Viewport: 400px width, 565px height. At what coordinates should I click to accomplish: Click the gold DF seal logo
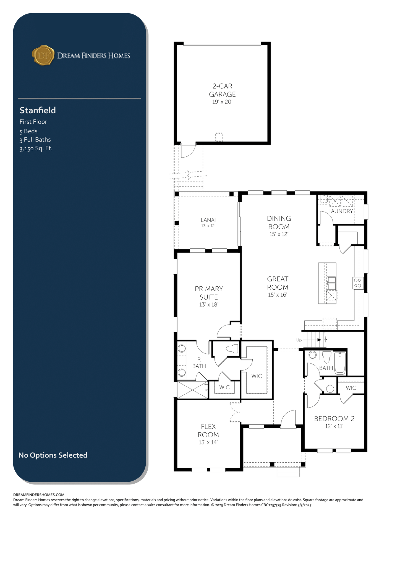click(x=43, y=55)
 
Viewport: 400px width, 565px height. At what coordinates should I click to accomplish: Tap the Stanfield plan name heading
click(x=38, y=110)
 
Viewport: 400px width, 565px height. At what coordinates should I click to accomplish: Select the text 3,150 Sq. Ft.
click(x=36, y=148)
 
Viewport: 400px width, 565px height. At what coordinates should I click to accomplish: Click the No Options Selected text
click(x=53, y=455)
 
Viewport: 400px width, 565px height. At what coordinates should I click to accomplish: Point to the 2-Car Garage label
click(x=222, y=90)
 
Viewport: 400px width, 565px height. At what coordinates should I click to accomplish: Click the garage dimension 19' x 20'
click(x=222, y=102)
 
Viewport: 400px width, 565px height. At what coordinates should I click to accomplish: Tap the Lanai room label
click(x=208, y=220)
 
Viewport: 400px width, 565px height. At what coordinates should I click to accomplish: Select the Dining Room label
click(x=279, y=223)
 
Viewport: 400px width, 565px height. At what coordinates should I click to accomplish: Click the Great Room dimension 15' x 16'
click(x=278, y=295)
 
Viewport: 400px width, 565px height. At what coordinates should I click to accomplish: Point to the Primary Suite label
click(x=209, y=293)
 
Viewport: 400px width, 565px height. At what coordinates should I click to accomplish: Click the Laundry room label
click(x=341, y=211)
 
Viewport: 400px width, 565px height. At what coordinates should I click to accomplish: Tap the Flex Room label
click(x=208, y=431)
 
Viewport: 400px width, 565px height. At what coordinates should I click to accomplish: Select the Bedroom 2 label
click(x=334, y=419)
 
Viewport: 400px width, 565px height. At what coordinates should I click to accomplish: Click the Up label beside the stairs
click(x=299, y=340)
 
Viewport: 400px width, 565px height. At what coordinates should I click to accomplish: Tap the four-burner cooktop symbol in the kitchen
click(x=358, y=283)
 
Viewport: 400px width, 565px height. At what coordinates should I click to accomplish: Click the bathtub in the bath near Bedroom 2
click(x=340, y=363)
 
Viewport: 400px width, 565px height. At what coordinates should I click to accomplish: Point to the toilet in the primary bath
click(x=232, y=349)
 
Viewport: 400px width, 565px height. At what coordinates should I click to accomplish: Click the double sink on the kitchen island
click(x=331, y=283)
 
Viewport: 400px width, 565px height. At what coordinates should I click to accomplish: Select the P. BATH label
click(x=199, y=363)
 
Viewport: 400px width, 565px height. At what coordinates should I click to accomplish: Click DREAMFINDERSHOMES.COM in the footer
click(x=39, y=495)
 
